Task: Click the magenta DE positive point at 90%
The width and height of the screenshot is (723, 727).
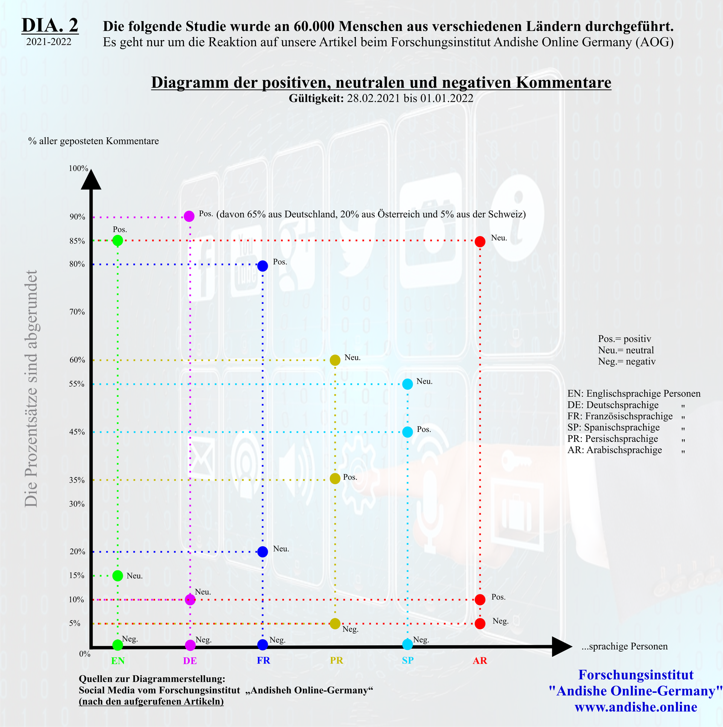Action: tap(189, 216)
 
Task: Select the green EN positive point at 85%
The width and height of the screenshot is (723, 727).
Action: tap(118, 240)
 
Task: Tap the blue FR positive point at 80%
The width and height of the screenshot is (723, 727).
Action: tap(262, 266)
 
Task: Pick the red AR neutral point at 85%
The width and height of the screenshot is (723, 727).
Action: tap(480, 242)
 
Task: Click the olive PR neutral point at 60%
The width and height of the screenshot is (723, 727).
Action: tap(335, 360)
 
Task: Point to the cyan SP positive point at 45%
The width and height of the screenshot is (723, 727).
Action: tap(407, 432)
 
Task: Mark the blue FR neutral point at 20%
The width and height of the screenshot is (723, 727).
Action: tap(262, 552)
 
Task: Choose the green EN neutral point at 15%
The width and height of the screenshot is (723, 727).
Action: tap(118, 576)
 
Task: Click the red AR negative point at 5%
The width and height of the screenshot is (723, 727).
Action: tap(480, 624)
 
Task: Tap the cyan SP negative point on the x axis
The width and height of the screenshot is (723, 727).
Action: tap(407, 644)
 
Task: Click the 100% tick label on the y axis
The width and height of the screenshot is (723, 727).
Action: tap(78, 168)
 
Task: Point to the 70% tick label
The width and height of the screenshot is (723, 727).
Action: tap(77, 312)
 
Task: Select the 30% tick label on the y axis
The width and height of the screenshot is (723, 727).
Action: tap(77, 504)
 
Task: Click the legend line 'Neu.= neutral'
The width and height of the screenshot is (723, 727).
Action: tap(626, 350)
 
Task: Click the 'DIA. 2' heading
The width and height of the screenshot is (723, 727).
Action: tap(50, 26)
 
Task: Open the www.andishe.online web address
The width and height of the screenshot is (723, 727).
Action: tap(636, 707)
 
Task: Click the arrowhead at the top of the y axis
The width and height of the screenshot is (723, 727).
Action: tap(91, 180)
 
